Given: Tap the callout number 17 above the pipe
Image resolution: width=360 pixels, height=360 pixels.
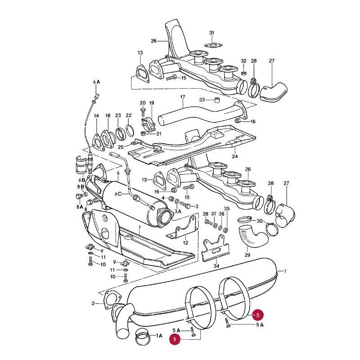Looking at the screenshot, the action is pyautogui.click(x=182, y=97).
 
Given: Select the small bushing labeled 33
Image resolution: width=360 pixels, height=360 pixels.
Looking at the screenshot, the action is pyautogui.click(x=217, y=100).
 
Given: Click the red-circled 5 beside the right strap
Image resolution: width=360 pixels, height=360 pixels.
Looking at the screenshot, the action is pyautogui.click(x=257, y=315).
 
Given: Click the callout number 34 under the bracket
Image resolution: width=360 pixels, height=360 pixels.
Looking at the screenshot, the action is pyautogui.click(x=216, y=266).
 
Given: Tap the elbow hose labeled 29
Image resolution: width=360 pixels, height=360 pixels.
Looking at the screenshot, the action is pyautogui.click(x=252, y=237).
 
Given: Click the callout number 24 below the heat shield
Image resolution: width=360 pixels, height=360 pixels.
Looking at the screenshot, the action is pyautogui.click(x=234, y=156).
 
